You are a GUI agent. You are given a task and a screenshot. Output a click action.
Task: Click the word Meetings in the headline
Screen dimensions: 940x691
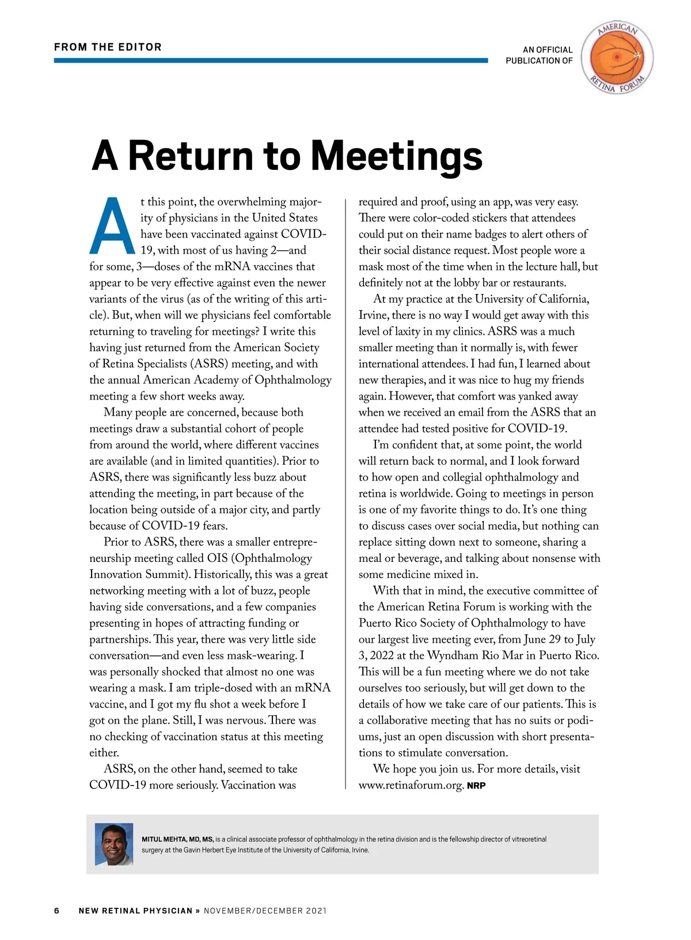point(397,156)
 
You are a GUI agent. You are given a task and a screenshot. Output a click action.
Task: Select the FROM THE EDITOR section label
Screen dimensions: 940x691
point(108,47)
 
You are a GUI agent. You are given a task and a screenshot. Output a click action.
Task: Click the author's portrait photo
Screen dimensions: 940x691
point(114,844)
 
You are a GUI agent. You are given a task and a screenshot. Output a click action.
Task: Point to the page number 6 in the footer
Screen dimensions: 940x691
point(57,911)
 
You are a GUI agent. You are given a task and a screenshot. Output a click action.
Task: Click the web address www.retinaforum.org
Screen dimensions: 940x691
point(411,786)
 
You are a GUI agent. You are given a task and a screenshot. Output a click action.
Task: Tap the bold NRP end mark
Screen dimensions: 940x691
point(476,786)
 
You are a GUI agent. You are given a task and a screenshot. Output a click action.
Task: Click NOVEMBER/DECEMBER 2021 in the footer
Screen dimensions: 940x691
point(265,911)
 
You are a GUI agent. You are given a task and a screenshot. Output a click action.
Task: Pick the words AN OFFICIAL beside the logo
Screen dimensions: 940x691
point(548,50)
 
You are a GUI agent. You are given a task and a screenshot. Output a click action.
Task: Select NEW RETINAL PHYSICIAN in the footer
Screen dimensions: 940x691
point(135,911)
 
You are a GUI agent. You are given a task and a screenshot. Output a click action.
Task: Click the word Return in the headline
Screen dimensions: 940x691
point(190,156)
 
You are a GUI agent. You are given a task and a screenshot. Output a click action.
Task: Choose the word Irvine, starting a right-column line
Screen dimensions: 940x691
point(374,315)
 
